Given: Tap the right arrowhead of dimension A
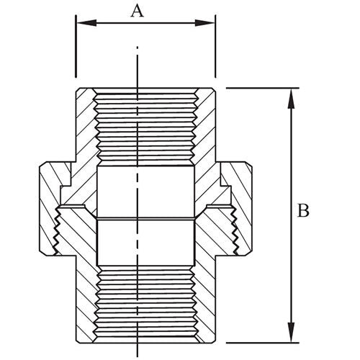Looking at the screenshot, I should click(210, 23).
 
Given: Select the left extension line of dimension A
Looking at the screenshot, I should click(76, 50).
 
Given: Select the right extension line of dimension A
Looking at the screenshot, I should click(215, 50).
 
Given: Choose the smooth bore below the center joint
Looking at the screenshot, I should click(144, 241).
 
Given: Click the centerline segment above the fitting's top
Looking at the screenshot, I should click(137, 65).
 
